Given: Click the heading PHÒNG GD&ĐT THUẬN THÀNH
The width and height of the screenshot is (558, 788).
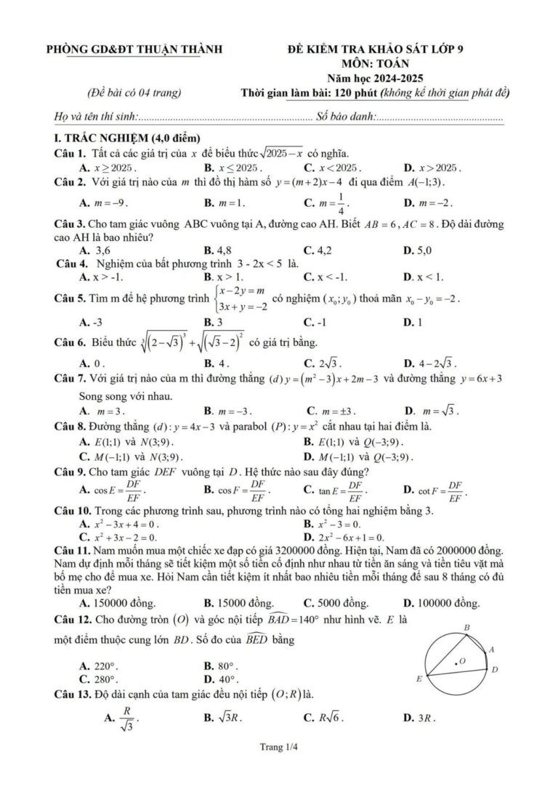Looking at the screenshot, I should point(134,49).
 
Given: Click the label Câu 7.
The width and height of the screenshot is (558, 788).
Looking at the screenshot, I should point(70,378).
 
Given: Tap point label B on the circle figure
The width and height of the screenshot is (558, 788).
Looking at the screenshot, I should point(466,627).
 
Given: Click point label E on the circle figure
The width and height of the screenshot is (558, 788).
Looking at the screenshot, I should point(418,680).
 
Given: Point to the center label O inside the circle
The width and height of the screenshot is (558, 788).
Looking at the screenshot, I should point(461,662).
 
